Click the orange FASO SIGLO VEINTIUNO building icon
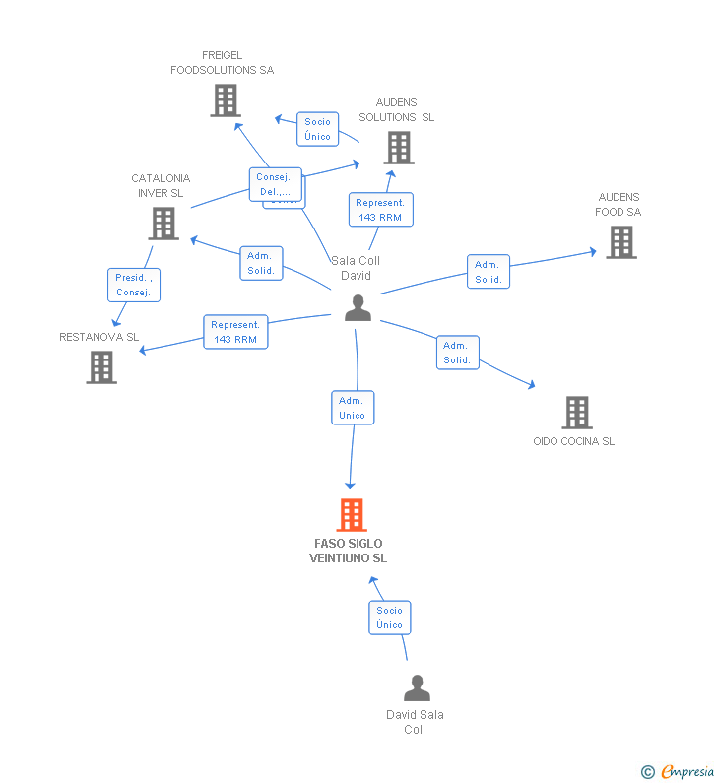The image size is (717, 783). coord(352,514)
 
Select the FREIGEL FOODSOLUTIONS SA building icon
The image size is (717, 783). coord(225,100)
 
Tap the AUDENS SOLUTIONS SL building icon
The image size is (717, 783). coord(398,148)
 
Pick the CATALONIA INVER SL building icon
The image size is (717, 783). coord(163,224)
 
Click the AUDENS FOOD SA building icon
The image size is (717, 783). coord(620,242)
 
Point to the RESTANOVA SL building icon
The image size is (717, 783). coord(101,367)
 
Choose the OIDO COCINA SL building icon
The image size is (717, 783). coord(576,413)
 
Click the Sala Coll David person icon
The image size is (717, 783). coord(358,308)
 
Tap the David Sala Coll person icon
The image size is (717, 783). coord(417,688)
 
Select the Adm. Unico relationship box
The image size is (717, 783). coord(353,408)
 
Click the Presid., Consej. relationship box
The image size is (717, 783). coord(133,285)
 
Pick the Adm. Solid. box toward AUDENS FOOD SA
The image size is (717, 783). coord(488,272)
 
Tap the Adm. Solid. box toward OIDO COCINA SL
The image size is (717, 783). coord(457,353)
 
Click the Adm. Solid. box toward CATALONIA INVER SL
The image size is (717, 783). coord(261,263)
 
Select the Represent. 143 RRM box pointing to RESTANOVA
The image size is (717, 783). coord(235,332)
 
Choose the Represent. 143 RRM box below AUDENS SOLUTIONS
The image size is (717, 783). coord(380,209)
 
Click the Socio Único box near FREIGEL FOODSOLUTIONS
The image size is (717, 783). coord(317,129)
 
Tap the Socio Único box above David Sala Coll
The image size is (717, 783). coord(389,618)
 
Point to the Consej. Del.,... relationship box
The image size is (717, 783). coord(275,184)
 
